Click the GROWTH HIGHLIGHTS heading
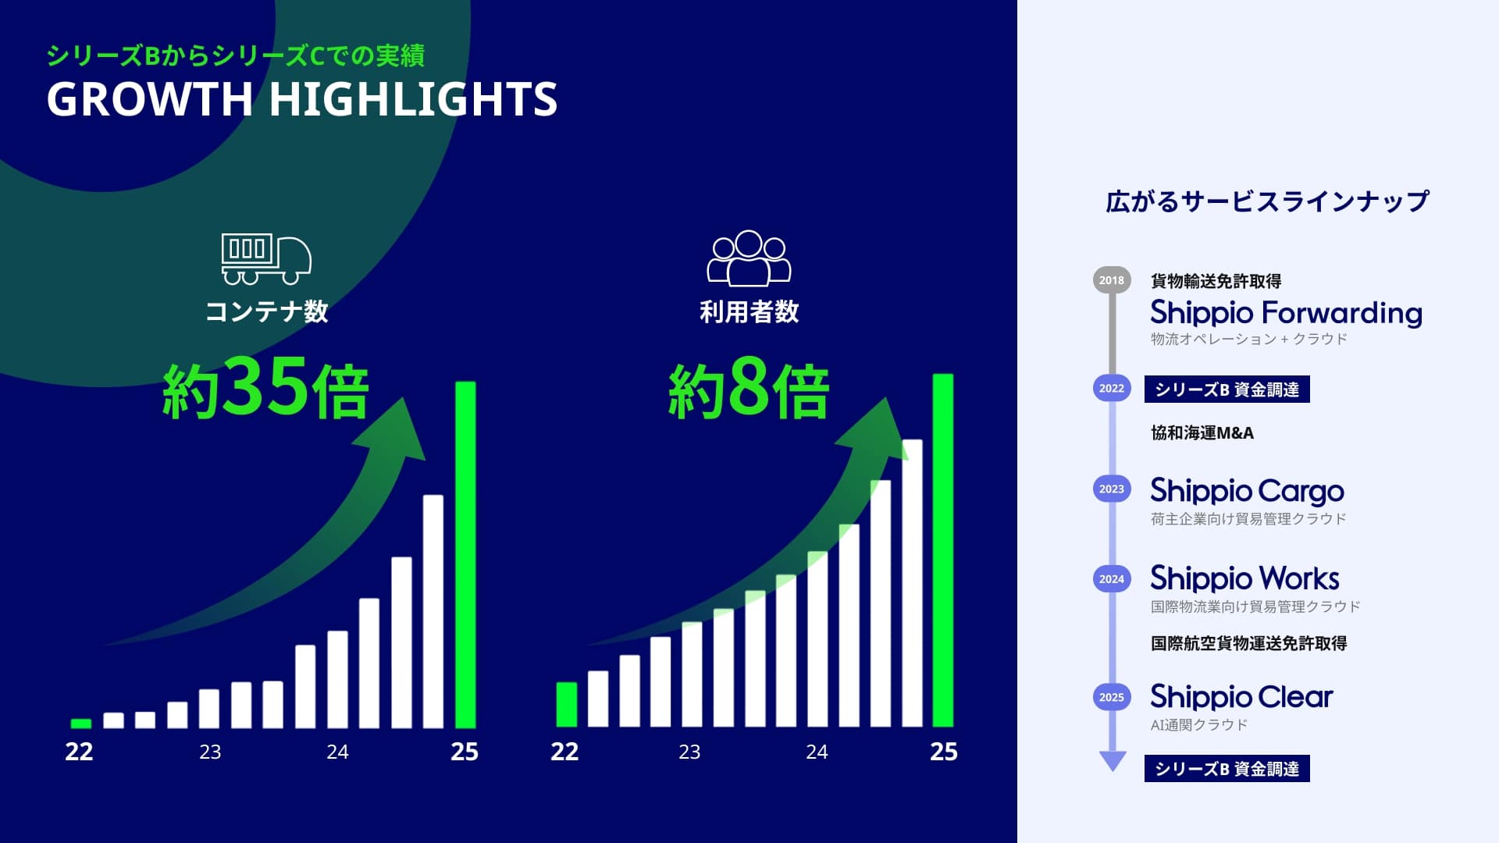(302, 99)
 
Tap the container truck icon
(266, 258)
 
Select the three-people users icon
(749, 258)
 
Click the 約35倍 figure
(265, 388)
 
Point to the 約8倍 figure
(748, 388)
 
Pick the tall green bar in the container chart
(465, 554)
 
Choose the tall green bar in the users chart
(943, 550)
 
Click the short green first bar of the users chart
(566, 704)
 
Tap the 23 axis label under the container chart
(210, 752)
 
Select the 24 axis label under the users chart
(817, 752)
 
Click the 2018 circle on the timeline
(1112, 280)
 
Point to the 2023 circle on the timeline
(1112, 489)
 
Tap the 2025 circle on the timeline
(1112, 697)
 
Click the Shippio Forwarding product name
(1286, 313)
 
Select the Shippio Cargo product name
(1247, 491)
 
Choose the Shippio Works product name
(1244, 578)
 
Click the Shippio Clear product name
(1241, 696)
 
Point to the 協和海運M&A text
(1202, 433)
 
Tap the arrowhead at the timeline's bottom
(1113, 760)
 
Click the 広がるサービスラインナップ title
(1267, 201)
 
